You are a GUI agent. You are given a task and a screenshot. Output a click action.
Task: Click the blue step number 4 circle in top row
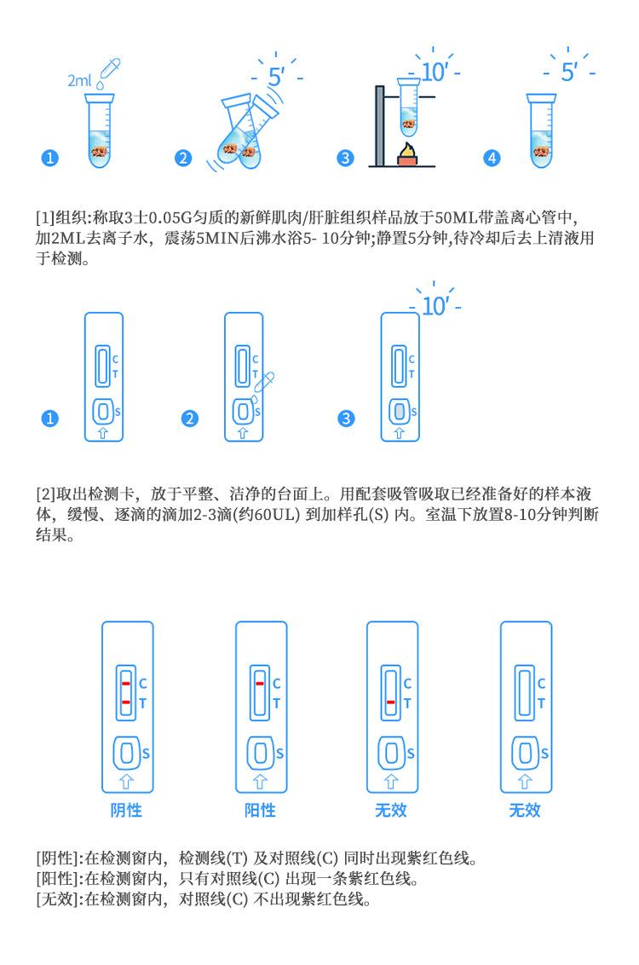tap(492, 159)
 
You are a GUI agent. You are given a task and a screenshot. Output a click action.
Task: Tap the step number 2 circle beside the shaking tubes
tap(182, 159)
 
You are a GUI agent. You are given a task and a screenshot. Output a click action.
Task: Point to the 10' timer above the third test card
tap(435, 304)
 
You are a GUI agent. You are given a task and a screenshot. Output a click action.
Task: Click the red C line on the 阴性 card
tap(124, 683)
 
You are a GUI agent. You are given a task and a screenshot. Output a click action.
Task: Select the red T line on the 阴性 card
tap(124, 702)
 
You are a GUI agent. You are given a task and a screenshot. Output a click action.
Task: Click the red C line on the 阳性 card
tap(258, 683)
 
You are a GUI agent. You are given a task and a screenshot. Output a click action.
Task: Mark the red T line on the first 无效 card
tap(389, 702)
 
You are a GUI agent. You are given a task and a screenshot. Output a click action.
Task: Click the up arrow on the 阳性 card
tap(259, 778)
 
